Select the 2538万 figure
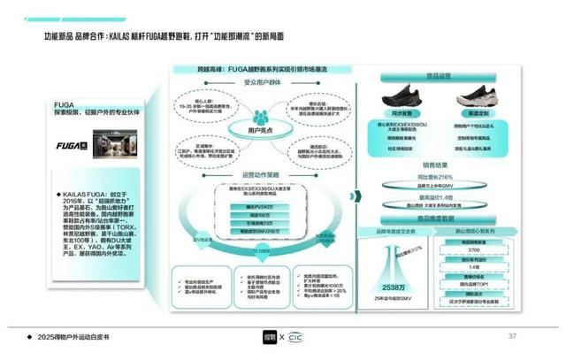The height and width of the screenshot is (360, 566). (398, 287)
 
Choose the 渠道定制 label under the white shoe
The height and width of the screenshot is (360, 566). (478, 114)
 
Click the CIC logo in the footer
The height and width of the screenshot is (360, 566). (304, 337)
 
